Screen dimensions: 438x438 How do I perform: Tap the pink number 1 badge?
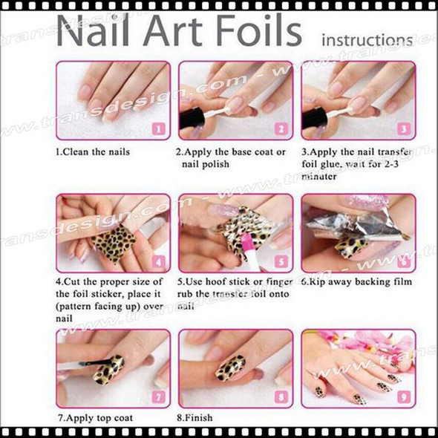pos(158,128)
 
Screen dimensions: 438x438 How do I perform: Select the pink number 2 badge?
pos(281,128)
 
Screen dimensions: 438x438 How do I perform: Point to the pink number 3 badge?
pos(403,128)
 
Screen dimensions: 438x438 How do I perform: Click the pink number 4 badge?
pos(158,261)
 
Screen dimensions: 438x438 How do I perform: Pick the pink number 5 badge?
pos(281,261)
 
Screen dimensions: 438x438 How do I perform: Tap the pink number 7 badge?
pos(158,396)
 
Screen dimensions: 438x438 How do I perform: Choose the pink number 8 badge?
pos(281,396)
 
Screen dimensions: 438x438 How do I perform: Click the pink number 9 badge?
pos(403,396)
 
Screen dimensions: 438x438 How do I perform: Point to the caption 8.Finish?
pos(195,418)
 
